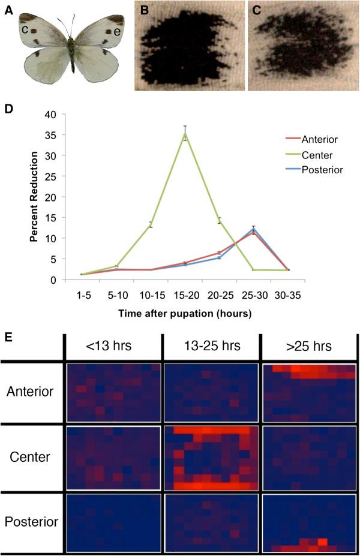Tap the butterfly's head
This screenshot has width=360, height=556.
pos(71,39)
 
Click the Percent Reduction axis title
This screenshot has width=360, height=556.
pos(36,197)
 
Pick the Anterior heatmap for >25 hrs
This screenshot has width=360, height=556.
pos(310,392)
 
